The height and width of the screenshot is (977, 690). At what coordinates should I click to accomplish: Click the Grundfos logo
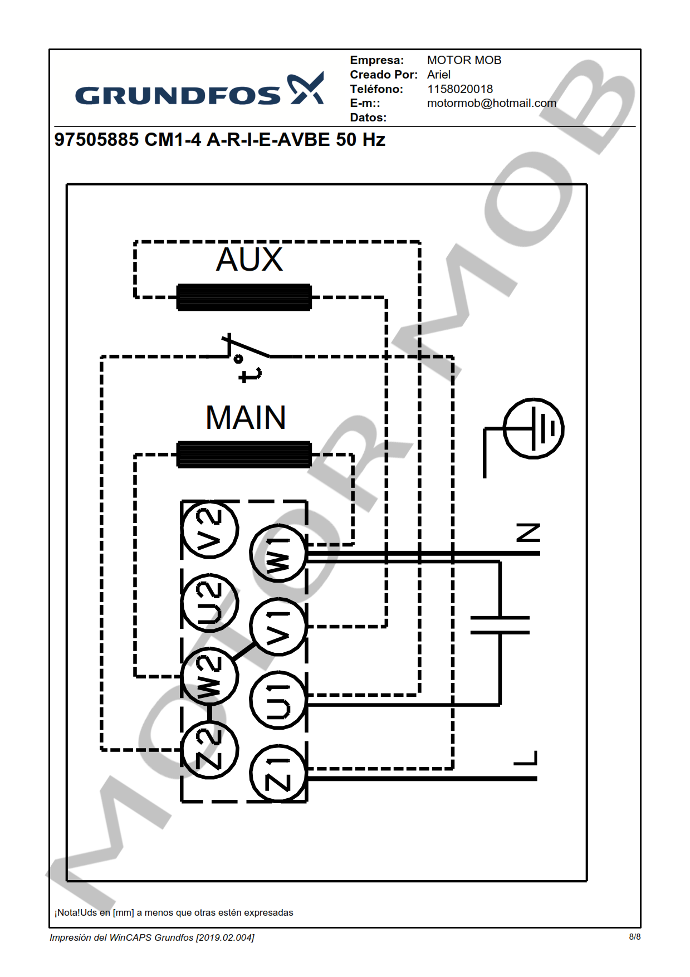199,90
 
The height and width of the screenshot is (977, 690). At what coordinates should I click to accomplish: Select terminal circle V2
210,529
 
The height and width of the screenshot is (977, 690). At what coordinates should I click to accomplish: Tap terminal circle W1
278,553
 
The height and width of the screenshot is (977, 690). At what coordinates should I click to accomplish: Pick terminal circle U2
210,603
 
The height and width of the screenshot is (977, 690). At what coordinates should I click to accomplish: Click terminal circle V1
278,626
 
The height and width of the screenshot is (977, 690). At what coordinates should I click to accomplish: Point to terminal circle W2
210,676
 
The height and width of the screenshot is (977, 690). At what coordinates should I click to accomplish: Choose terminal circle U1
278,700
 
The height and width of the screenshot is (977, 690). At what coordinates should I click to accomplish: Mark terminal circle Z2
210,750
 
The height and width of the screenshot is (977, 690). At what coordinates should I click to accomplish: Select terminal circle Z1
278,774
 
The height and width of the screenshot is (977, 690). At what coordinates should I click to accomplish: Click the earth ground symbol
533,428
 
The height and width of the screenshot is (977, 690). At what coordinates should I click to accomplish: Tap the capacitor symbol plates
500,625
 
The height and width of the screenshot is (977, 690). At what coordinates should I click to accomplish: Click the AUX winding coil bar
244,297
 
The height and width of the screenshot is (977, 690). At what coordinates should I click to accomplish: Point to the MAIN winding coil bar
244,455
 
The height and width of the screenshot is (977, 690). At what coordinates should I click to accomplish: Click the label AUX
249,260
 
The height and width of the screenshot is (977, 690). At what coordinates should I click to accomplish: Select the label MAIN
246,418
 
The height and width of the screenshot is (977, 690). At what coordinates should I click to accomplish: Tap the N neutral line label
528,533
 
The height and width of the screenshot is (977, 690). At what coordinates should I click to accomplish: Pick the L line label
526,758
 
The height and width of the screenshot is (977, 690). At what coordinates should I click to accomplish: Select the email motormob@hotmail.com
491,103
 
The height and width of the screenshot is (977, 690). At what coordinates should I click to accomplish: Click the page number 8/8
634,937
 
